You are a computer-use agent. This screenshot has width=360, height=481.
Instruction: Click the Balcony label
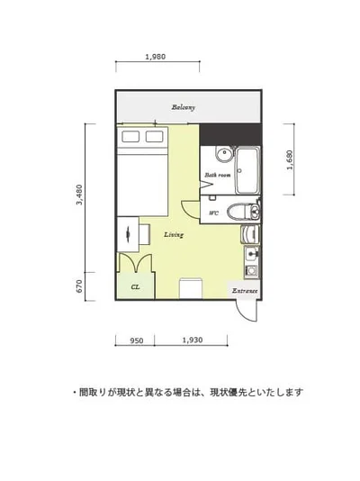click(x=184, y=108)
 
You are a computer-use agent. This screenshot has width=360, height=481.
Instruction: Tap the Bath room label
click(x=217, y=175)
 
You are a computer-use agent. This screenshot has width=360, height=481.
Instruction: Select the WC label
click(x=213, y=213)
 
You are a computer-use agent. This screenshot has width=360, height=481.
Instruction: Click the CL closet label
click(x=134, y=287)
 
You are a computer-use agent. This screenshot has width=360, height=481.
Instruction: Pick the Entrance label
click(x=245, y=291)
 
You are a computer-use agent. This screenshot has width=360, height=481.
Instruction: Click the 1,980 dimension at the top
click(x=154, y=58)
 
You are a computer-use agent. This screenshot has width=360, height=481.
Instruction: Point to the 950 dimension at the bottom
click(x=136, y=341)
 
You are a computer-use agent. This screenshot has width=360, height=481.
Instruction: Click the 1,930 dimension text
click(x=192, y=341)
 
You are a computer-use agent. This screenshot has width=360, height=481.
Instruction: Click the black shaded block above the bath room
click(x=229, y=132)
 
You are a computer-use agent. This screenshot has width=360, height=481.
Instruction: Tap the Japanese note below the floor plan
click(x=187, y=393)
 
